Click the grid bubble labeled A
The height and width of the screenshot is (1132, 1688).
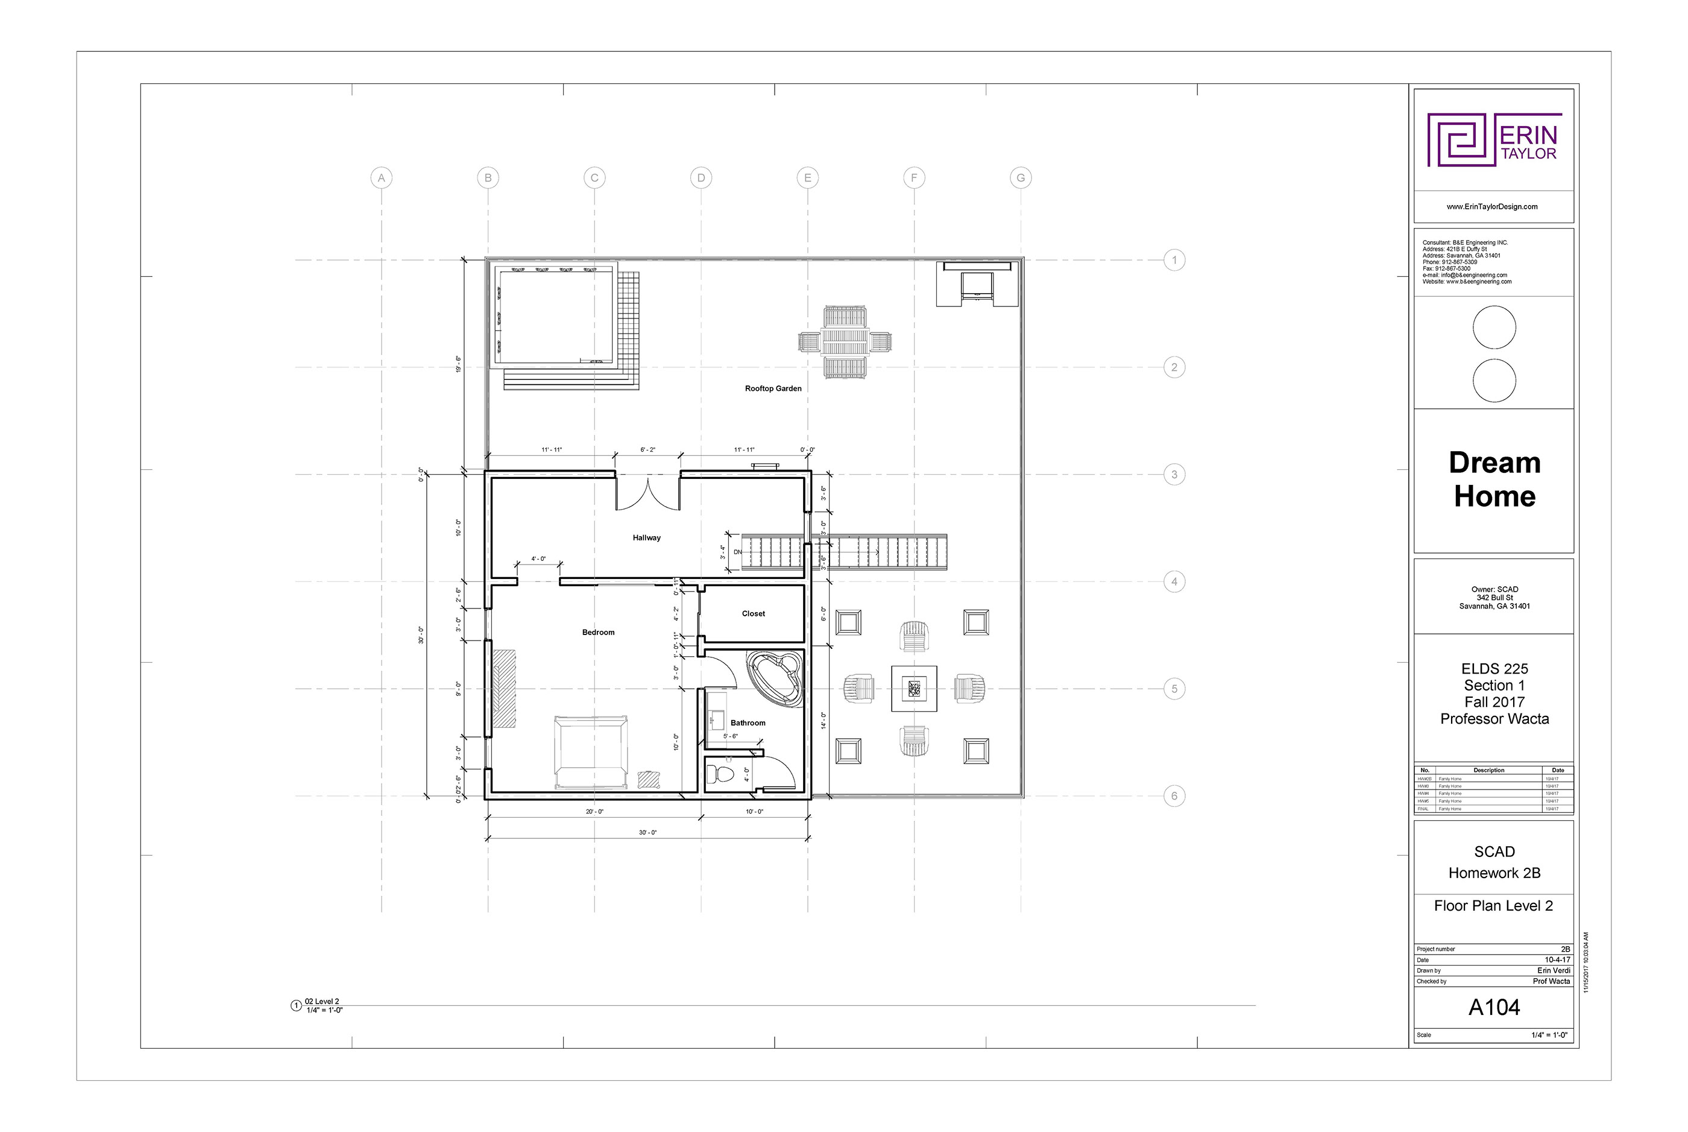[381, 177]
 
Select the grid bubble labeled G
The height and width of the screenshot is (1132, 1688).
[1021, 177]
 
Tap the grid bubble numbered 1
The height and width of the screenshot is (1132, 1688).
[1174, 260]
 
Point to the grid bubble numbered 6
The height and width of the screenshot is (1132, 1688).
[1174, 796]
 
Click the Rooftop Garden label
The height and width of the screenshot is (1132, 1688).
[773, 388]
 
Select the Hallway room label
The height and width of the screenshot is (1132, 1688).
[647, 538]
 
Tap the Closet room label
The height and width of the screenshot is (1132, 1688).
[754, 614]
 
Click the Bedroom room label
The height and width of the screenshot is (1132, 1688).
[598, 633]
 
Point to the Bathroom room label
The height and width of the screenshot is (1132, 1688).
[748, 723]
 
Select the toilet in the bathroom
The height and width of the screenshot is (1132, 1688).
[722, 774]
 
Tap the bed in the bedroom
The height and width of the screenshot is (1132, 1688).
[590, 751]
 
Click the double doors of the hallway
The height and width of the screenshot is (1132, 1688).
[648, 493]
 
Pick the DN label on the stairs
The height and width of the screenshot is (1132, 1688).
[737, 552]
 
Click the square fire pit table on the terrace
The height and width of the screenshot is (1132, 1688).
[914, 689]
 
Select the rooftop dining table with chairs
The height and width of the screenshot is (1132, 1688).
[845, 341]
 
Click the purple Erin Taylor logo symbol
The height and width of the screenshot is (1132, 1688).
[1461, 139]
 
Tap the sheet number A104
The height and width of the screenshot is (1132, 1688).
[1494, 1008]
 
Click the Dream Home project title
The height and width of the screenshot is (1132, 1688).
[1494, 479]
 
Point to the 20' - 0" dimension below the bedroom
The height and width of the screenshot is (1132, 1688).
[594, 812]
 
